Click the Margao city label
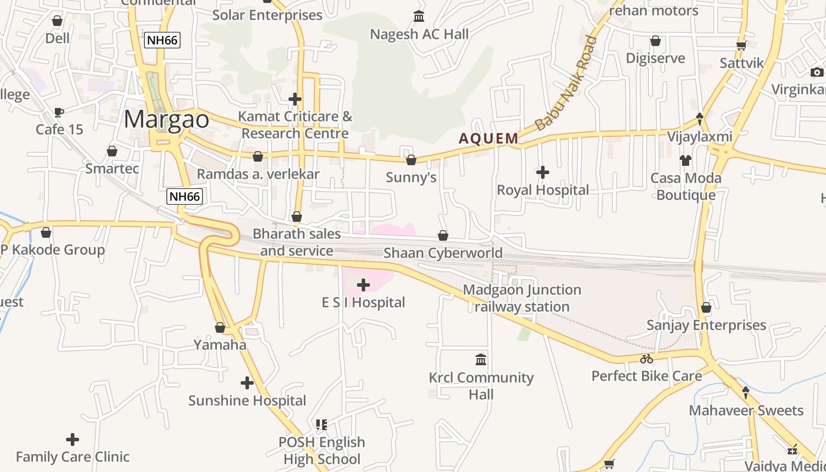(166, 119)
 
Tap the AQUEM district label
(489, 139)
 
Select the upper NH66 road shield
(162, 40)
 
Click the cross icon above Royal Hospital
(543, 172)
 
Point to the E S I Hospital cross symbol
(363, 286)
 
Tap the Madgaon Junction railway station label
(522, 298)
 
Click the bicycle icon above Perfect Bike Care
(647, 359)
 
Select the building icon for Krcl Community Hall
(481, 359)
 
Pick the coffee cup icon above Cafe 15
(58, 112)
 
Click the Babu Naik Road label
(566, 83)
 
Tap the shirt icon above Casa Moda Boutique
(685, 160)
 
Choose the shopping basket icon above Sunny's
(411, 160)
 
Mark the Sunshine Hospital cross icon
(247, 383)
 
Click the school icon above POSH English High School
(322, 424)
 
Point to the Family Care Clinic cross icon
(73, 440)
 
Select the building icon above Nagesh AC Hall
(419, 16)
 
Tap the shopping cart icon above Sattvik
(742, 45)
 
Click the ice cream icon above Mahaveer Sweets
(746, 392)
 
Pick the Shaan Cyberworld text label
(443, 253)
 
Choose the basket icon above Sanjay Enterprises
(706, 307)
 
